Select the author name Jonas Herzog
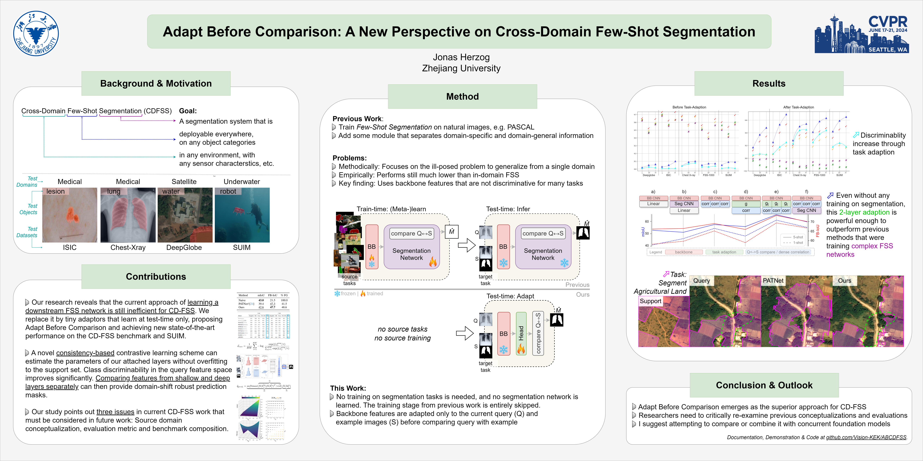click(461, 57)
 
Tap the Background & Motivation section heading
click(156, 83)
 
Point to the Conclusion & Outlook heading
click(764, 385)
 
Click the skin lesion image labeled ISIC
click(70, 215)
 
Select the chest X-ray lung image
click(128, 215)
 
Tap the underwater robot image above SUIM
click(242, 215)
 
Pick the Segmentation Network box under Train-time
click(411, 254)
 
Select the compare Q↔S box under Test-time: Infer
click(543, 233)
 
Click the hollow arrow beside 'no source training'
click(465, 333)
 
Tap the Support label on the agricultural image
click(650, 301)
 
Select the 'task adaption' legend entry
click(724, 252)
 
